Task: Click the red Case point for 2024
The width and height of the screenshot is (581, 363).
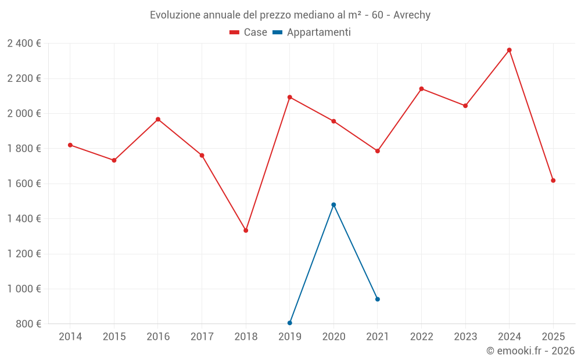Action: click(509, 50)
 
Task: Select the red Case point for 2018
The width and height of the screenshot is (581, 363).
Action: click(246, 231)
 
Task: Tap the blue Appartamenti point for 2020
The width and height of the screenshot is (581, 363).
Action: click(333, 204)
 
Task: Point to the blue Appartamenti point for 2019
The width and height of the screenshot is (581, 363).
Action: click(289, 323)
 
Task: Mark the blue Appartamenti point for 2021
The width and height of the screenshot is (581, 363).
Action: click(378, 299)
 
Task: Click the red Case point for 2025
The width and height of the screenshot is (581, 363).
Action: click(553, 181)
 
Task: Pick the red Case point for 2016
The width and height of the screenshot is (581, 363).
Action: click(158, 120)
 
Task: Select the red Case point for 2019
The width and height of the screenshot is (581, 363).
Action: click(289, 97)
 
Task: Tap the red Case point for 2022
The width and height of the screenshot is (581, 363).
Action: click(421, 89)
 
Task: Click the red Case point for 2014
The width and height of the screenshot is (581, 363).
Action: click(70, 145)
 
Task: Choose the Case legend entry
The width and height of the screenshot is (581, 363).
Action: click(248, 33)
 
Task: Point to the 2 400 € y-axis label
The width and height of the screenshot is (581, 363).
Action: click(24, 44)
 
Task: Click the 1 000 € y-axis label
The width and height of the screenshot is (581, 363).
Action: click(24, 289)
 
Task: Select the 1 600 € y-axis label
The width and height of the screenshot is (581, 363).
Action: click(24, 184)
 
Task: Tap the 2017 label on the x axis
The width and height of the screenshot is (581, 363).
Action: click(202, 337)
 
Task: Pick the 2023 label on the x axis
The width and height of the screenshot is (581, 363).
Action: click(465, 337)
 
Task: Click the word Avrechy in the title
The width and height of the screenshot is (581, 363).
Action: click(412, 15)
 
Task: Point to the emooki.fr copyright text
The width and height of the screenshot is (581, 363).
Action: click(530, 351)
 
